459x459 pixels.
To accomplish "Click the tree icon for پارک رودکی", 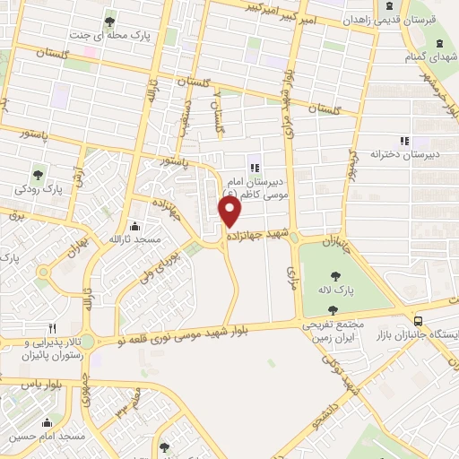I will (x=38, y=173).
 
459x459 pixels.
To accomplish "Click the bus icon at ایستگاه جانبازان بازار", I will (x=418, y=320).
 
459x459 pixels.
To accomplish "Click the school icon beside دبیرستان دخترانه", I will (x=404, y=140).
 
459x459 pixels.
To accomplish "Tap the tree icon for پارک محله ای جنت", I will (x=109, y=22).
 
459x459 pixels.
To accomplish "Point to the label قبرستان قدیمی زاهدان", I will (x=422, y=17).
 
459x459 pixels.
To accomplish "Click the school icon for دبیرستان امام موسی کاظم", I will (x=254, y=164).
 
